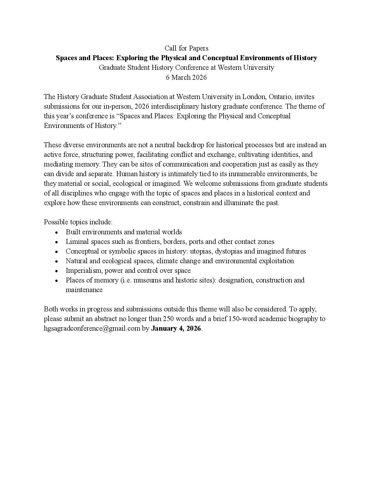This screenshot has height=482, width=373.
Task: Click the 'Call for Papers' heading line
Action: click(186, 48)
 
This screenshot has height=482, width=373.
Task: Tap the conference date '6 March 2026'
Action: click(186, 77)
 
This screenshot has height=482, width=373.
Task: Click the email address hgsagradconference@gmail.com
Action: click(92, 328)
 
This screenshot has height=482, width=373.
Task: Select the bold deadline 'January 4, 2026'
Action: click(176, 328)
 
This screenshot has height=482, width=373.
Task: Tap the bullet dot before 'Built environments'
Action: click(57, 232)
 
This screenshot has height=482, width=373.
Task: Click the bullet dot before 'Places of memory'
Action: click(57, 280)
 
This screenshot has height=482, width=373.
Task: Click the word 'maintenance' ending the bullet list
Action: click(84, 290)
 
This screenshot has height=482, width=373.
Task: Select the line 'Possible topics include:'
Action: click(78, 222)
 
